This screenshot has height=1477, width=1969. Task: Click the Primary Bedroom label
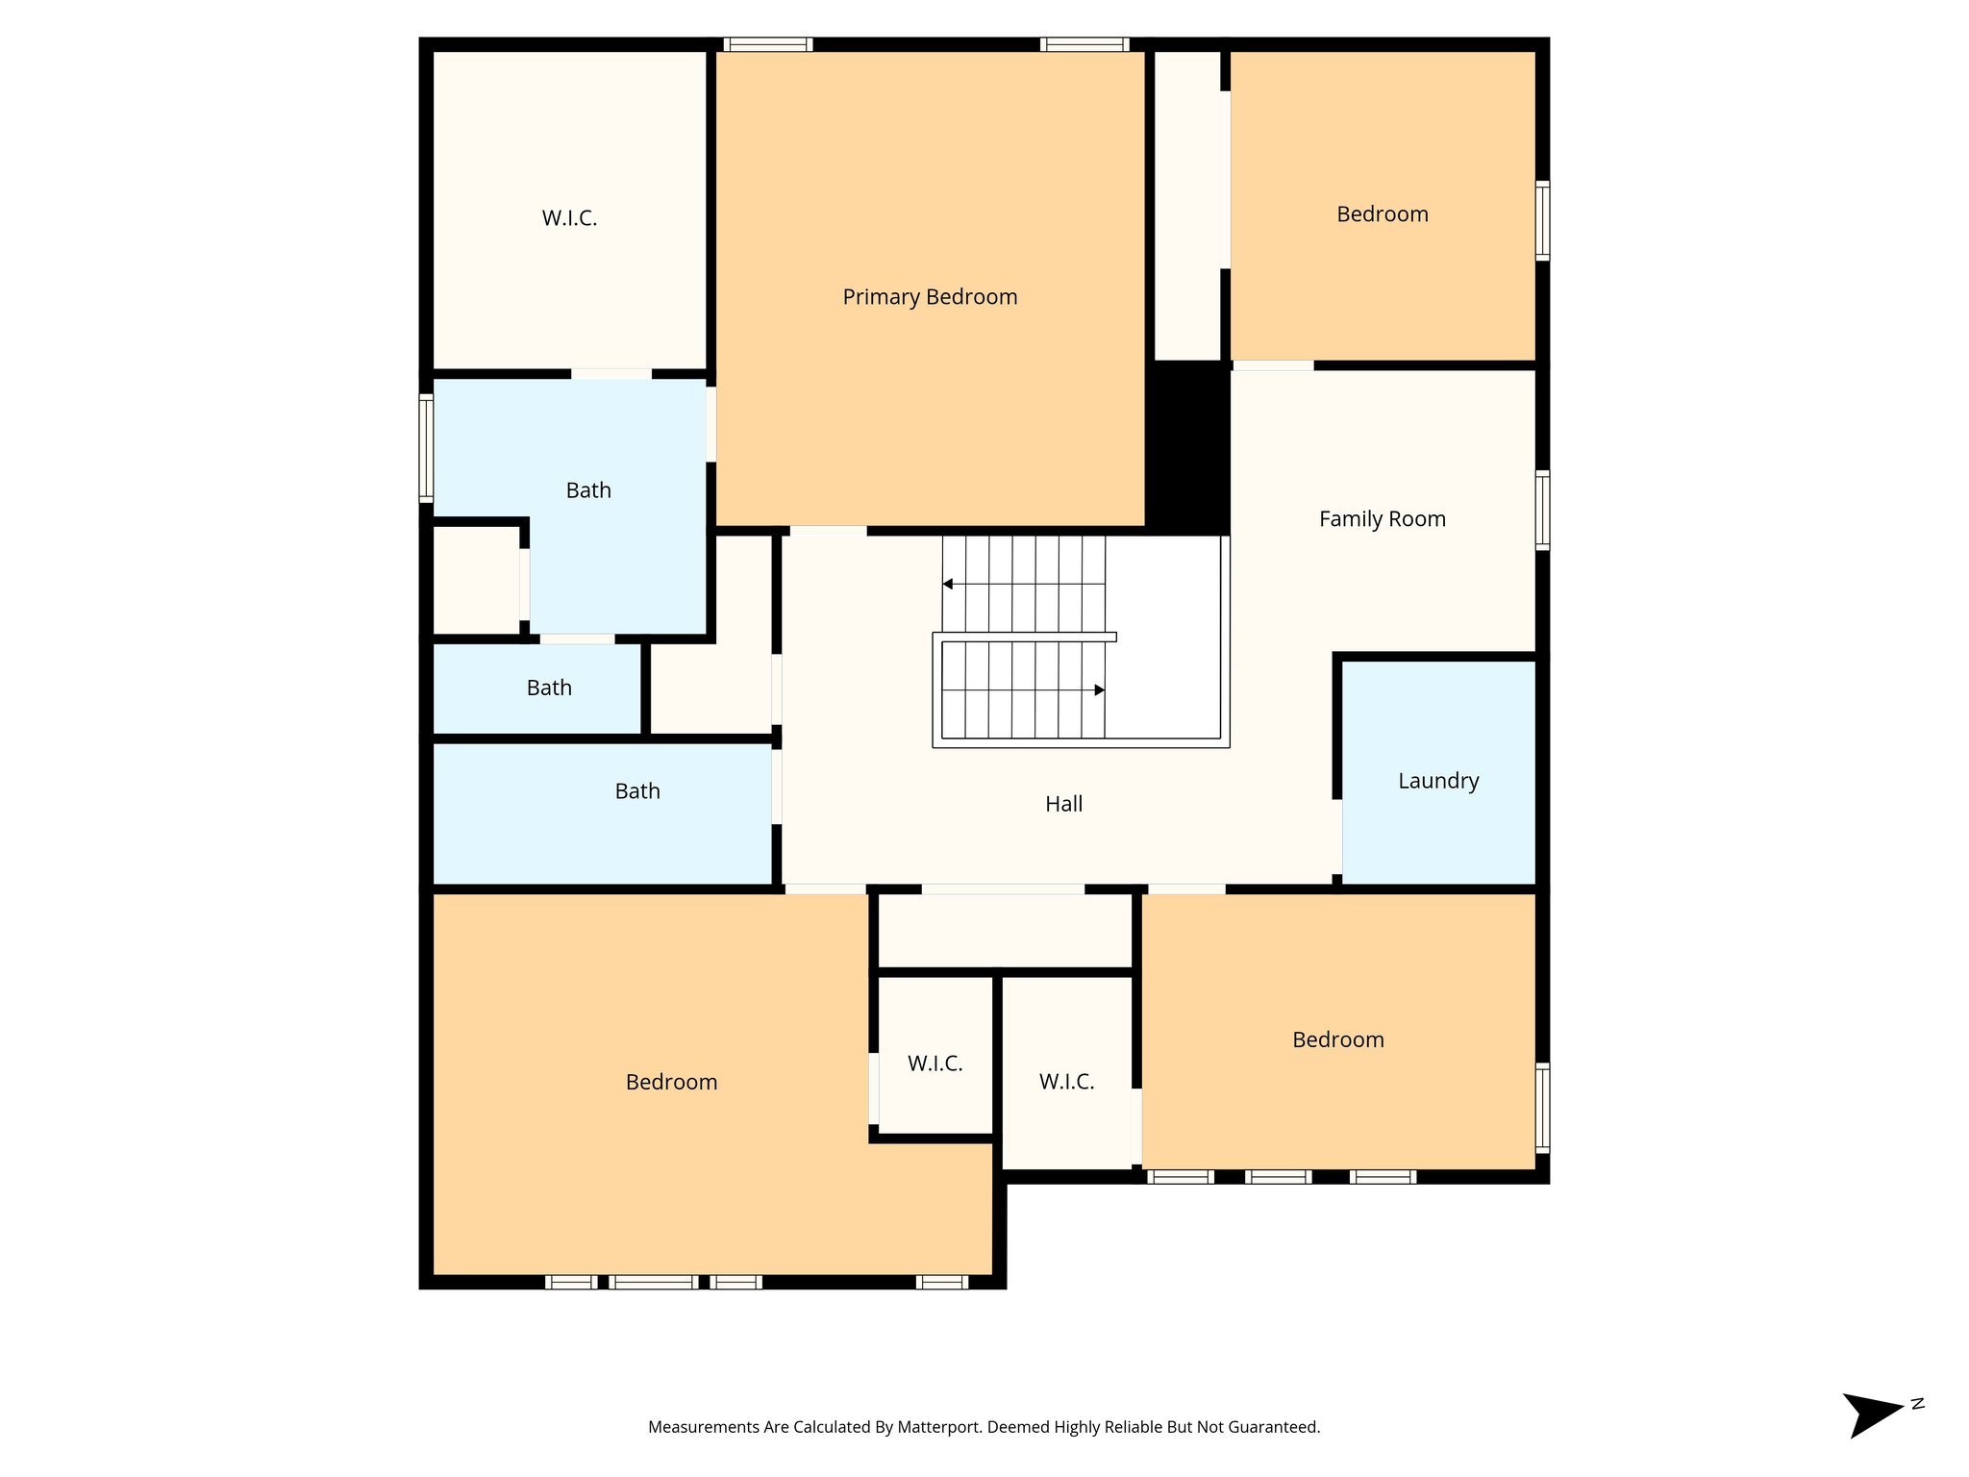930,297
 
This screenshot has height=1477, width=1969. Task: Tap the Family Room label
1382,519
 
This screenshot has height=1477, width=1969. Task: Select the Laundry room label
1437,781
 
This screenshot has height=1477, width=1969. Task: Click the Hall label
1063,804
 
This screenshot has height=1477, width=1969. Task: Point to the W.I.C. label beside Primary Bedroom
569,218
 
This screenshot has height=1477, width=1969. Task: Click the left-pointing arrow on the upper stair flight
948,584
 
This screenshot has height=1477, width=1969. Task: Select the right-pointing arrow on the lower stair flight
1099,689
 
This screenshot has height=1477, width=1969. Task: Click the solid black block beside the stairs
1188,447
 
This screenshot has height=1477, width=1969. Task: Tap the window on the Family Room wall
1541,510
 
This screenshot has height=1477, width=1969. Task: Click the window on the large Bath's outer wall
426,447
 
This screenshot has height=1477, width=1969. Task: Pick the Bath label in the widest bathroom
637,791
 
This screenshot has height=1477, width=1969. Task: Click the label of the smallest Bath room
549,688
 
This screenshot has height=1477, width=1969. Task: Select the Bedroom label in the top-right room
1382,214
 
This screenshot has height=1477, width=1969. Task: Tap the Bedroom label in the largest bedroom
671,1082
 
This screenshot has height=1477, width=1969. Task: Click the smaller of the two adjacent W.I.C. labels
935,1064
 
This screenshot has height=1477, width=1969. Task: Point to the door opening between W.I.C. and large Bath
611,374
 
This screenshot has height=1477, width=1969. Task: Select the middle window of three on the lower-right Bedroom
1278,1176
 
